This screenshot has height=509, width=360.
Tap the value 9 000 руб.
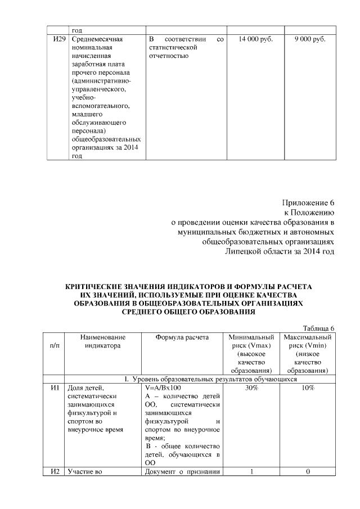(x=309, y=40)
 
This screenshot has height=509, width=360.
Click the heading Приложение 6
(x=308, y=202)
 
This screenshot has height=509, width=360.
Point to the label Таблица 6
(x=319, y=328)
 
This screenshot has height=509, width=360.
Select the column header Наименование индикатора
(x=103, y=341)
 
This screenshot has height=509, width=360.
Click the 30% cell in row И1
(x=251, y=389)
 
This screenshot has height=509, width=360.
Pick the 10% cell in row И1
(x=308, y=389)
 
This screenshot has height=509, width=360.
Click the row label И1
(x=55, y=389)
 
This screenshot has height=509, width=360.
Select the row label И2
(x=55, y=471)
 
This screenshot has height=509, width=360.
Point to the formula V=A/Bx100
(x=163, y=389)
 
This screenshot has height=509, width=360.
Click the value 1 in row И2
(x=251, y=471)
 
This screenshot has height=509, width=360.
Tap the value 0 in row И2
(x=308, y=471)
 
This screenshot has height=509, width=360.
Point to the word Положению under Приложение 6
(x=315, y=213)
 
